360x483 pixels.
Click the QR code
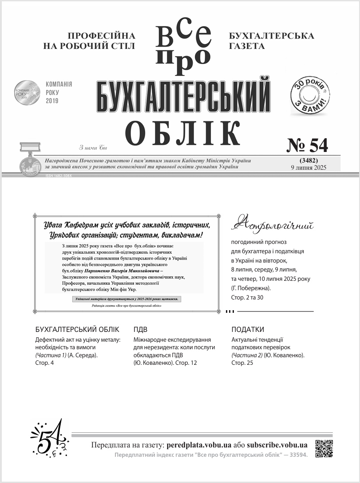pos(324,448)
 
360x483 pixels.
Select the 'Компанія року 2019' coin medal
pos(27,92)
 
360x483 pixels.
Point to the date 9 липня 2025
pos(309,168)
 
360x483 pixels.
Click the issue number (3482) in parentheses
pos(309,160)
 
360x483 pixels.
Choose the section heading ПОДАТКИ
pos(248,329)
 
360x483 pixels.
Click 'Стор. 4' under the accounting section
pos(44,363)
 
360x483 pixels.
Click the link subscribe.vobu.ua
pos(277,445)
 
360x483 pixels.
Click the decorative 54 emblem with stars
pos(50,438)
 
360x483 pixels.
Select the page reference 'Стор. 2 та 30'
pos(247,297)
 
